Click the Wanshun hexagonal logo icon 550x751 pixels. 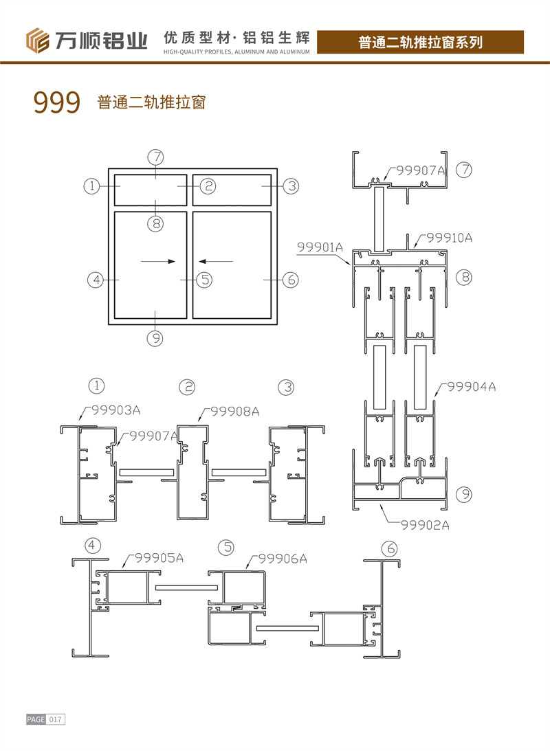38,41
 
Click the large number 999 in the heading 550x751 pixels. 57,102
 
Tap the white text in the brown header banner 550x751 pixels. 420,42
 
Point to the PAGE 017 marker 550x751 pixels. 45,719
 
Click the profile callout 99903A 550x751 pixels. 116,410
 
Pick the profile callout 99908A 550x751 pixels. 234,412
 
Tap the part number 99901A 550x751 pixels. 320,247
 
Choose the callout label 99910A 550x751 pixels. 449,238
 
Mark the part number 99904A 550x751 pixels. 472,387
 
